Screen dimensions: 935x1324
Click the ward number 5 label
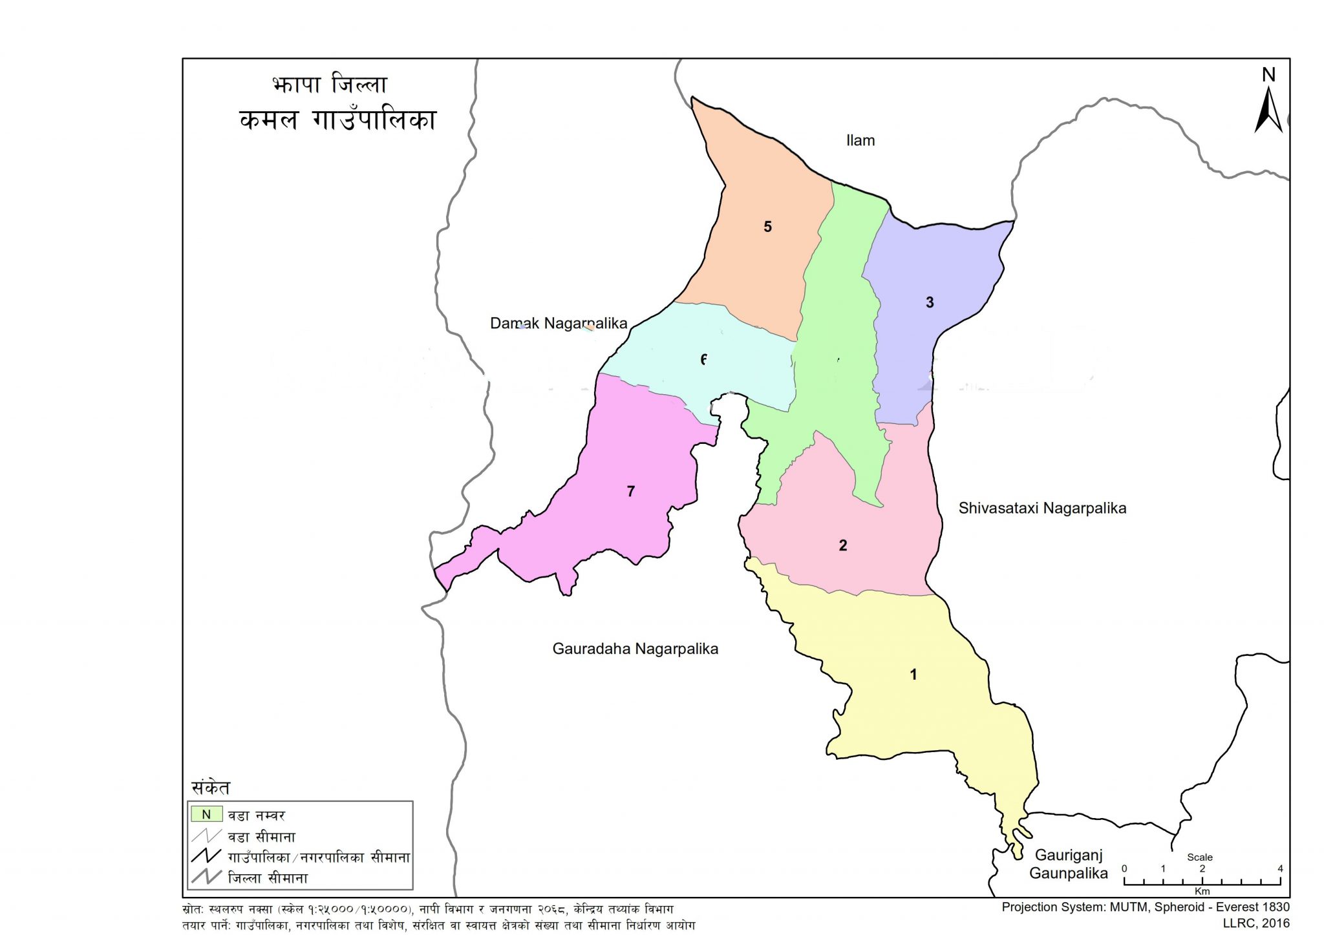767,227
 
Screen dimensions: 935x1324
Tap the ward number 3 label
930,302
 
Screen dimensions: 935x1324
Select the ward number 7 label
631,492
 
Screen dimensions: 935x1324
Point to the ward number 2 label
843,545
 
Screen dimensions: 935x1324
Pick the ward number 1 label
913,675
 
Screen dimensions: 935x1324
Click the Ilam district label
860,141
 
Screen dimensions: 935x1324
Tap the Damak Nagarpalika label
559,323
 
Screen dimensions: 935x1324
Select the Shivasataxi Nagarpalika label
1042,509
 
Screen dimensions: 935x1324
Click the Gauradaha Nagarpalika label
635,649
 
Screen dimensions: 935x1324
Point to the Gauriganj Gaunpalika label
1069,865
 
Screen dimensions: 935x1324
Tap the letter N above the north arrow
1269,75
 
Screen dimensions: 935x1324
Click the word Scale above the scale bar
1200,857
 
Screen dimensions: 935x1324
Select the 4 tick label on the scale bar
1280,869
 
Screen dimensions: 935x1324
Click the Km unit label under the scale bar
1202,891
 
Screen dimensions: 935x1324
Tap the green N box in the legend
206,815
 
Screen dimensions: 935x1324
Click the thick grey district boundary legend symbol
206,877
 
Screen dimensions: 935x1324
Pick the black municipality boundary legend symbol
206,856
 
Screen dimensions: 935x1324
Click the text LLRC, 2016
1256,923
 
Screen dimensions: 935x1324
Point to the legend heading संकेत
211,788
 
